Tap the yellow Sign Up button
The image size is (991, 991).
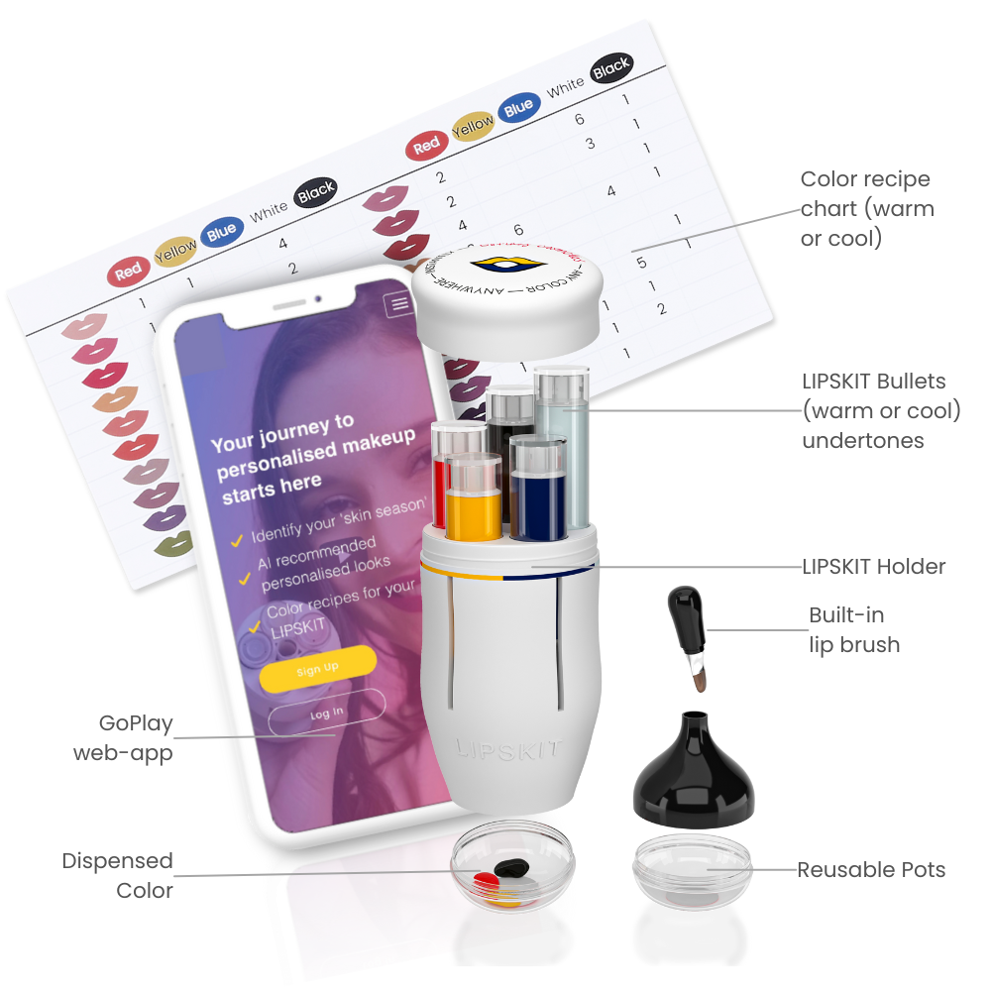point(317,668)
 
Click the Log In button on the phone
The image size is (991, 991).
point(326,711)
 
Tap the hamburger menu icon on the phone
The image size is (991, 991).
point(399,304)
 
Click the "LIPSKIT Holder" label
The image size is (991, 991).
point(873,567)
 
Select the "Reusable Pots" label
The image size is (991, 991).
point(871,870)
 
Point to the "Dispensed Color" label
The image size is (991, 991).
point(117,875)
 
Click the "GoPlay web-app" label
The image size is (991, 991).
point(123,738)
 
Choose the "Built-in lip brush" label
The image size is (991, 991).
point(854,630)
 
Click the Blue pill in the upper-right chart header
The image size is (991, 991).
point(519,109)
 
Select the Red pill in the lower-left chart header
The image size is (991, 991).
point(128,272)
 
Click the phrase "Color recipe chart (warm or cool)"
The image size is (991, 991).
point(866,209)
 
